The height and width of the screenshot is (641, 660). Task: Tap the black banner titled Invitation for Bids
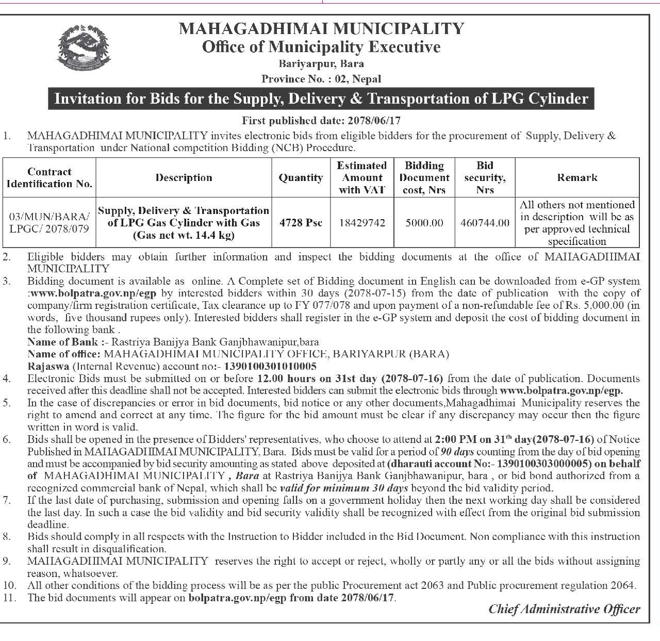tap(321, 98)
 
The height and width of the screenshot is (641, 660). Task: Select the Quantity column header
tap(301, 178)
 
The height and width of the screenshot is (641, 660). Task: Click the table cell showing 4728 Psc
tap(301, 223)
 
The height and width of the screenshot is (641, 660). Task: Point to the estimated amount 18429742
tap(362, 223)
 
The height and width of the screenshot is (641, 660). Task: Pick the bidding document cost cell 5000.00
tap(424, 223)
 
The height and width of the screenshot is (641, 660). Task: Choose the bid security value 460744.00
tap(485, 223)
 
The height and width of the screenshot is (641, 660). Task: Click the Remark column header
tap(577, 178)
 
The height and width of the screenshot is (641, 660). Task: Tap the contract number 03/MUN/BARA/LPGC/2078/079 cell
tap(49, 223)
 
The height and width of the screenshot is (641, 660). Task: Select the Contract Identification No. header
tap(49, 178)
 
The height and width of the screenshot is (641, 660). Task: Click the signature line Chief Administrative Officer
tap(564, 609)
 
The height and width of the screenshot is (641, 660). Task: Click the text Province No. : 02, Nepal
tap(321, 79)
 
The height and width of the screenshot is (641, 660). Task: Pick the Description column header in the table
tap(184, 178)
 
